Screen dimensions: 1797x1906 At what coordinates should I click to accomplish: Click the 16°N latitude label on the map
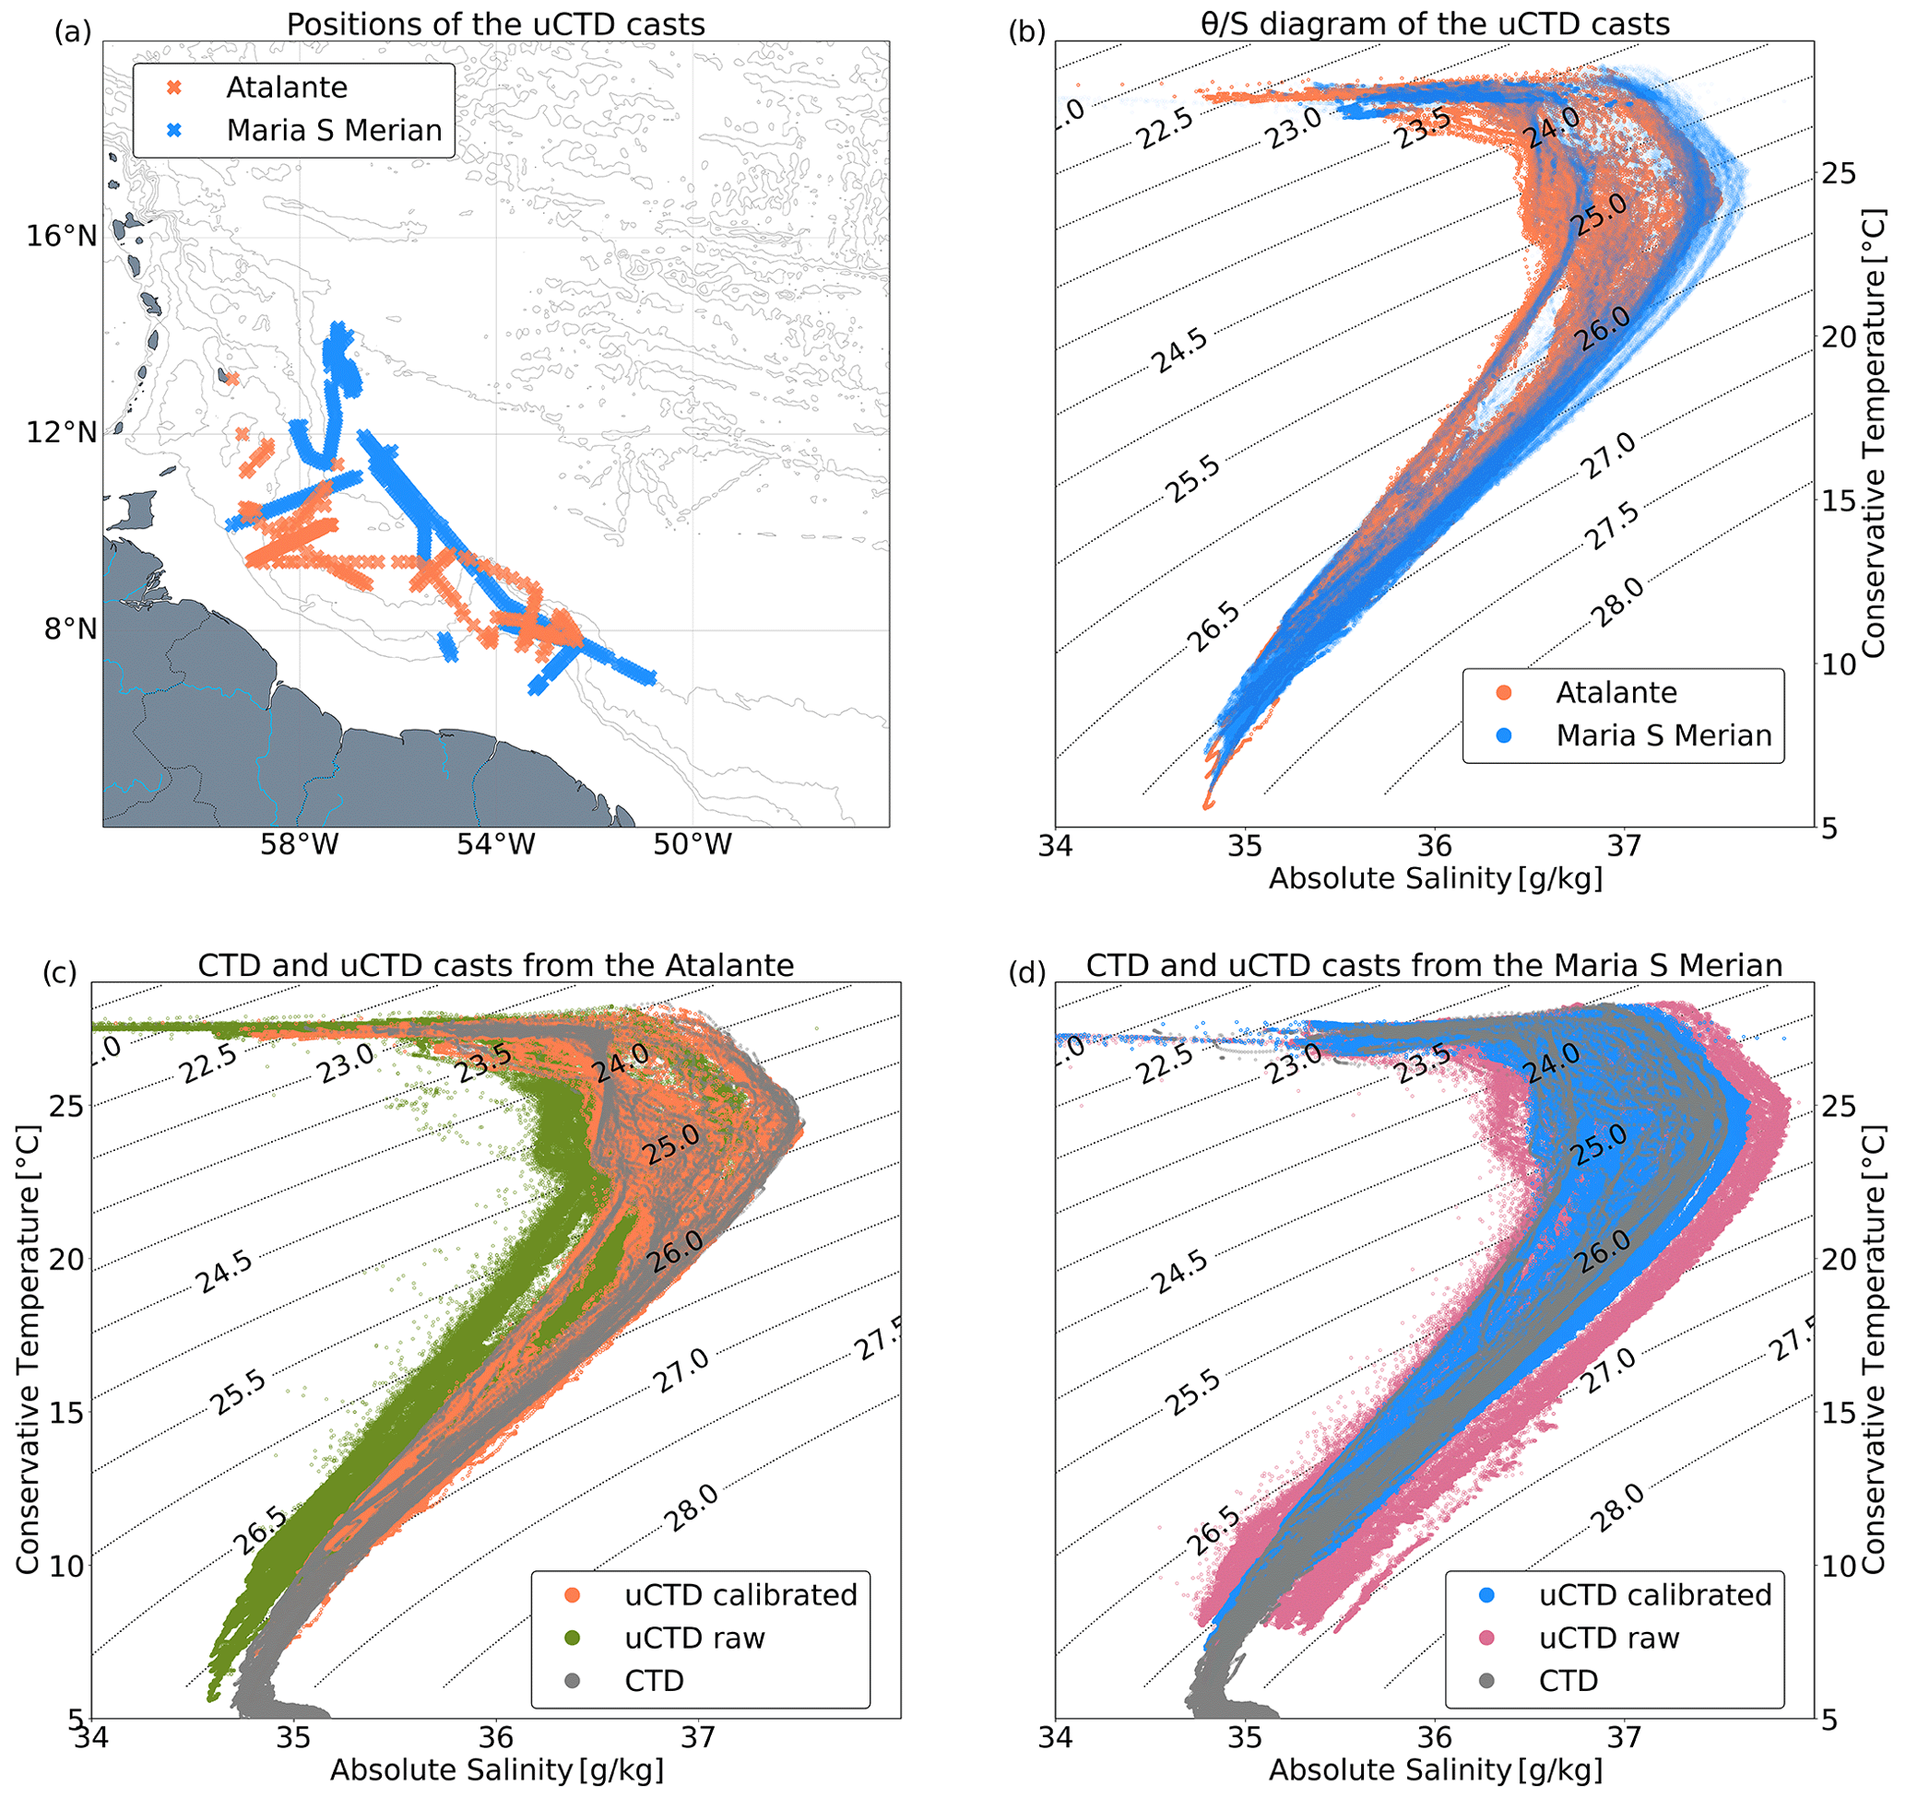[62, 236]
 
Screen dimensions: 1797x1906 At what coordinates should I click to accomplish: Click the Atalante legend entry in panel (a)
[286, 88]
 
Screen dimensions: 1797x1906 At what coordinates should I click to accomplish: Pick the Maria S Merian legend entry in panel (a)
[334, 130]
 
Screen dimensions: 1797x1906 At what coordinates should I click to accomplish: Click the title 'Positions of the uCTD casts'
[496, 24]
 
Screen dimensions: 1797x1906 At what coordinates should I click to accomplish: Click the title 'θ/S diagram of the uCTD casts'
[1435, 24]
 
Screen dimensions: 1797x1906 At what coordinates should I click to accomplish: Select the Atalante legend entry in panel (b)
[1616, 693]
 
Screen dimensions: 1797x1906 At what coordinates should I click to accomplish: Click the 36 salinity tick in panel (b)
[1434, 846]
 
